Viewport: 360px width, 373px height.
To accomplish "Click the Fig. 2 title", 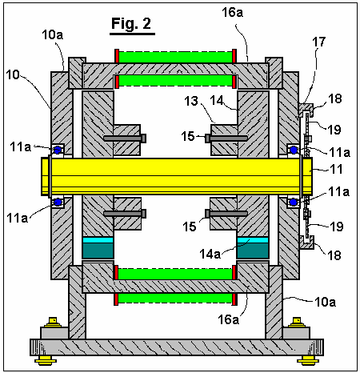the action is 131,23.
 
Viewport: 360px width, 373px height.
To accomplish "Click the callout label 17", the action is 319,42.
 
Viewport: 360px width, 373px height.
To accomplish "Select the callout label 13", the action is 191,101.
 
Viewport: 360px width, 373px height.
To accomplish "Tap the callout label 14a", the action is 210,254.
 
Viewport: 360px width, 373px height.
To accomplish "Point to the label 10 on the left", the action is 13,74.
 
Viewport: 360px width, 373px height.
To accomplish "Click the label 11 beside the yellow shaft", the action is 336,169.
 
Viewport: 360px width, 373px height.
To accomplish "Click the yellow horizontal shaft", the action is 177,176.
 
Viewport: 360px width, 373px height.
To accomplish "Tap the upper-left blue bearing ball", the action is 58,150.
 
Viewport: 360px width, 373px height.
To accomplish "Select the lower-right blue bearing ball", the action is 294,203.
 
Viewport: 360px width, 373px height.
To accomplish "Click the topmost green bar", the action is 176,57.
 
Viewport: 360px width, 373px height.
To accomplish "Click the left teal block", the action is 98,251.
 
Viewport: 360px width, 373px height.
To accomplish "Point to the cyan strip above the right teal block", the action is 253,240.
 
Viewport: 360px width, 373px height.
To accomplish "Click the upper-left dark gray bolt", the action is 125,138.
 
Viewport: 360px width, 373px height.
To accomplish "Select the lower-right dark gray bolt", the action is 226,214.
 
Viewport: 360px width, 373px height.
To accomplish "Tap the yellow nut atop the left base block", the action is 53,323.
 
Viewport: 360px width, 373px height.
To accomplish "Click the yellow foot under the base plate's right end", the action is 308,360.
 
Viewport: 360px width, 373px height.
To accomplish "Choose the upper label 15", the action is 188,136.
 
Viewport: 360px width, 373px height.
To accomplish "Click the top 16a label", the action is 233,13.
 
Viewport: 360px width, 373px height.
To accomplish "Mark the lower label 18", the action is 334,255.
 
